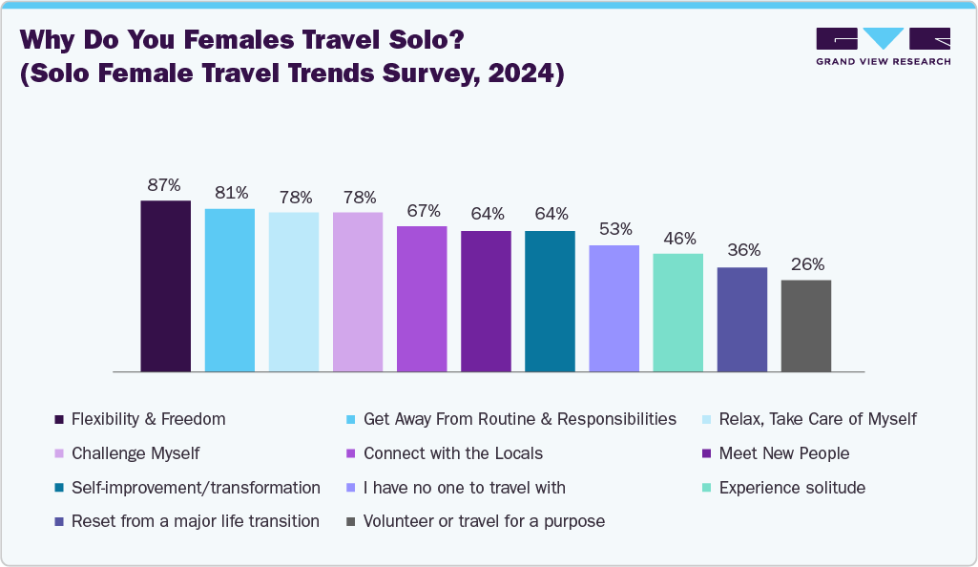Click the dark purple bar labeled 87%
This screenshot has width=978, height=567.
point(165,285)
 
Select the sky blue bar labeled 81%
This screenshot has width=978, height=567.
point(230,289)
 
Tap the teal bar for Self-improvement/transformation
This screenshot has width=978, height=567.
point(550,301)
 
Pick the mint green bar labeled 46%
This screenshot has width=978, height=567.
point(677,312)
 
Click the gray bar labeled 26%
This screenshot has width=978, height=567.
point(805,325)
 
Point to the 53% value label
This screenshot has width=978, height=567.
point(614,230)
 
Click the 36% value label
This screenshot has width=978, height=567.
point(741,251)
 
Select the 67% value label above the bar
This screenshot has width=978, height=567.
point(422,211)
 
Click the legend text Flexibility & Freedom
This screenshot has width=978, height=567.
point(149,419)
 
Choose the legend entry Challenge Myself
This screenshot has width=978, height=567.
point(135,453)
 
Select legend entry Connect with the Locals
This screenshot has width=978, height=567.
point(452,453)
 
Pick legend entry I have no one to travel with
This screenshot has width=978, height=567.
point(464,488)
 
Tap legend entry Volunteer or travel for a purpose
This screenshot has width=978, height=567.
point(484,521)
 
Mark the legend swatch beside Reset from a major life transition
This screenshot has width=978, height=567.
point(59,522)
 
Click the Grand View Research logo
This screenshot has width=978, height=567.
point(882,47)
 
